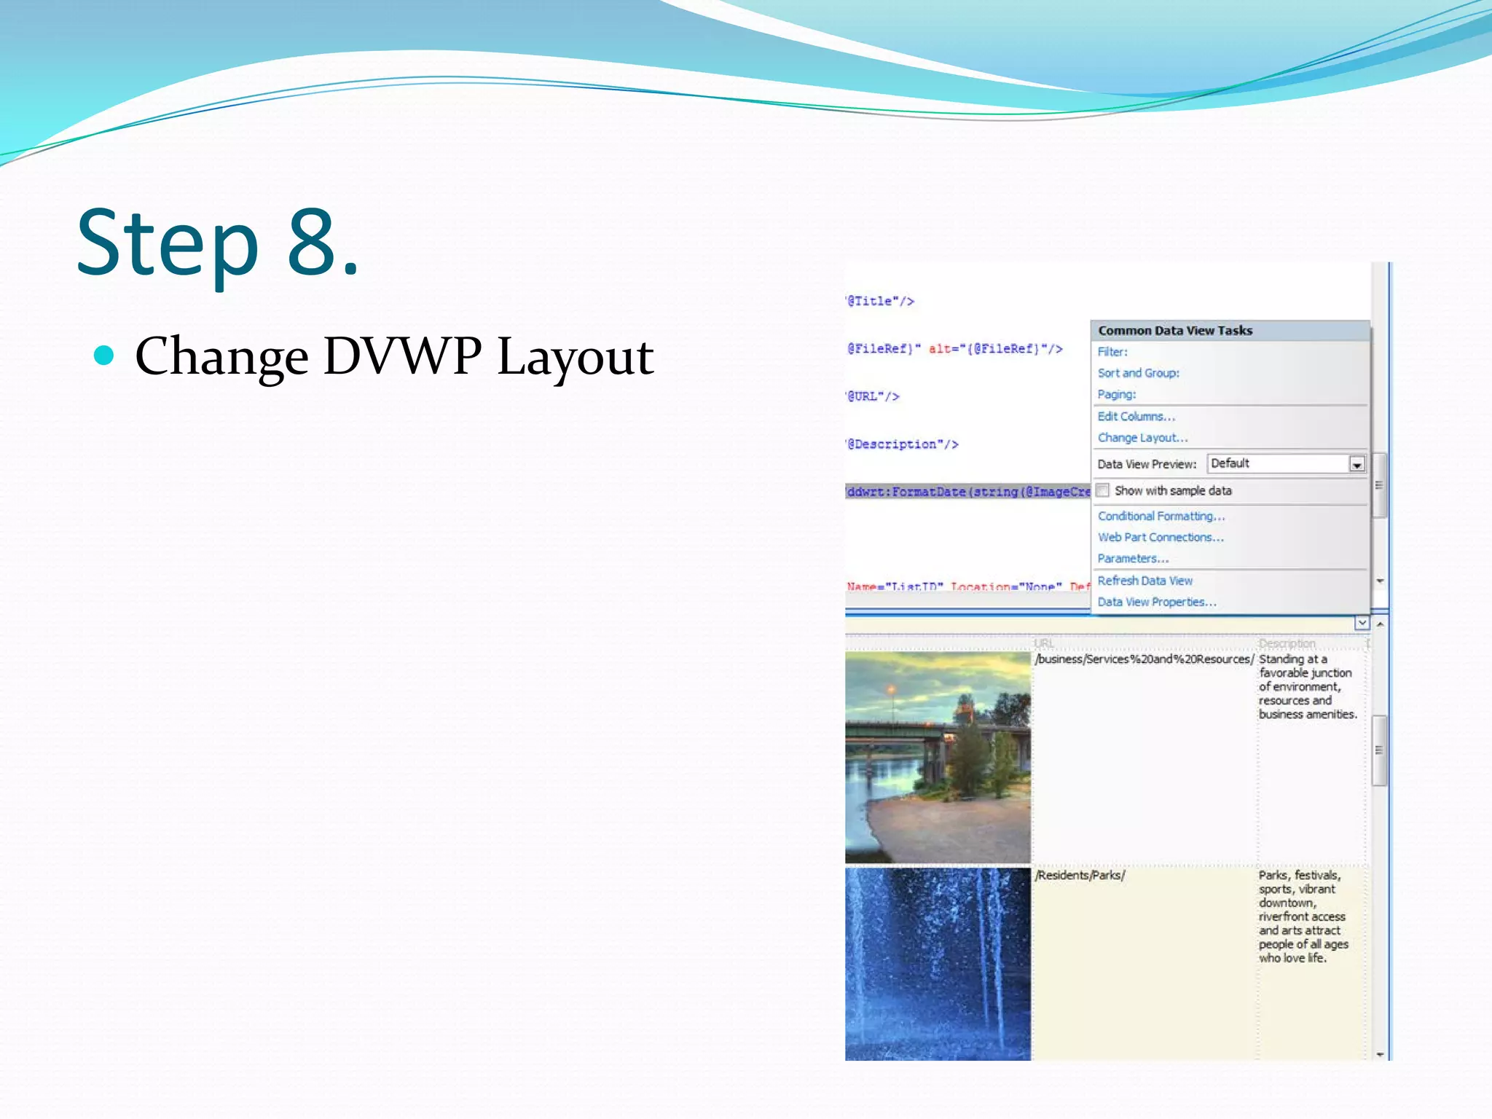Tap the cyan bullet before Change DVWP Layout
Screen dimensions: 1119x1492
tap(105, 356)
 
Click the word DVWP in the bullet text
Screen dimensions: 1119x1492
tap(402, 357)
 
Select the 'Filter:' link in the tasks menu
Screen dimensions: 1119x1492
tap(1112, 352)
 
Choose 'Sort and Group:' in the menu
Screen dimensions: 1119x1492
tap(1138, 373)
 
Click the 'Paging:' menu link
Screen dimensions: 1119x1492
tap(1116, 395)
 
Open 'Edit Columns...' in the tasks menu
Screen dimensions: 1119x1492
tap(1136, 417)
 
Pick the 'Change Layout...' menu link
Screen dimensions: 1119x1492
tap(1142, 438)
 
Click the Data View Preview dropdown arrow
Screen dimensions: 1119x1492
tap(1356, 465)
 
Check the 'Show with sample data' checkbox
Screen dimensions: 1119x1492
tap(1103, 490)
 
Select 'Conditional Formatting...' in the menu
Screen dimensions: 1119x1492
tap(1161, 517)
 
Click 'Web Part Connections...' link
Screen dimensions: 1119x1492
tap(1160, 538)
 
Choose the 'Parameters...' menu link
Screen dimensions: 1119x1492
tap(1133, 559)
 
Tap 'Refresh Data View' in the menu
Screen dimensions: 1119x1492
tap(1144, 581)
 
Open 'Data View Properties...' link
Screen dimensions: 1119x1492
tap(1156, 602)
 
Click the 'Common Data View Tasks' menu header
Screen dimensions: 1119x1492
tap(1175, 331)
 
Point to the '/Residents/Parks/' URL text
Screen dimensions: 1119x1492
tap(1080, 876)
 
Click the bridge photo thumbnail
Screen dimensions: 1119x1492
tap(938, 758)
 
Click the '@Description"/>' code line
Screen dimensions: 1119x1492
tap(903, 444)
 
